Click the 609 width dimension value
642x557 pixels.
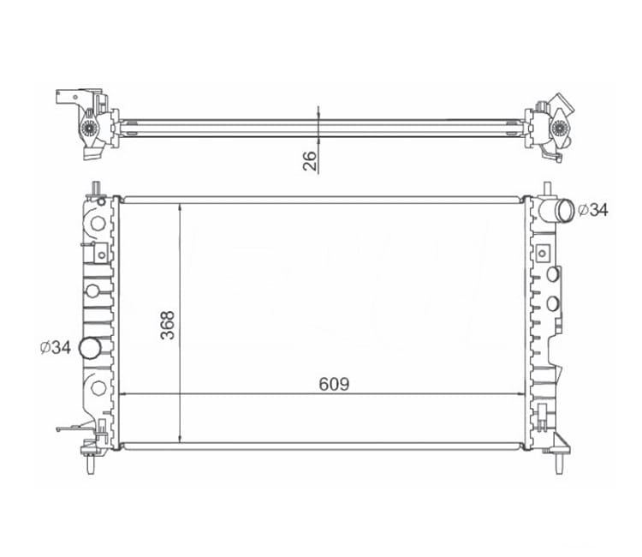click(334, 385)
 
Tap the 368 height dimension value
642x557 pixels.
click(168, 325)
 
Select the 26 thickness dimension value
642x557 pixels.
click(310, 159)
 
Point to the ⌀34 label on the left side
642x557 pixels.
click(55, 347)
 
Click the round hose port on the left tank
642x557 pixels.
click(89, 348)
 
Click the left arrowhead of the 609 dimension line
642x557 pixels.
click(122, 395)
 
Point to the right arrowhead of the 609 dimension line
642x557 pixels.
click(525, 395)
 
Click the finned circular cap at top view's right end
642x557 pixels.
click(559, 129)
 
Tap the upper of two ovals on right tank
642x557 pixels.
click(553, 275)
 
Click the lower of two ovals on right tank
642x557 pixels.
click(553, 302)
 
